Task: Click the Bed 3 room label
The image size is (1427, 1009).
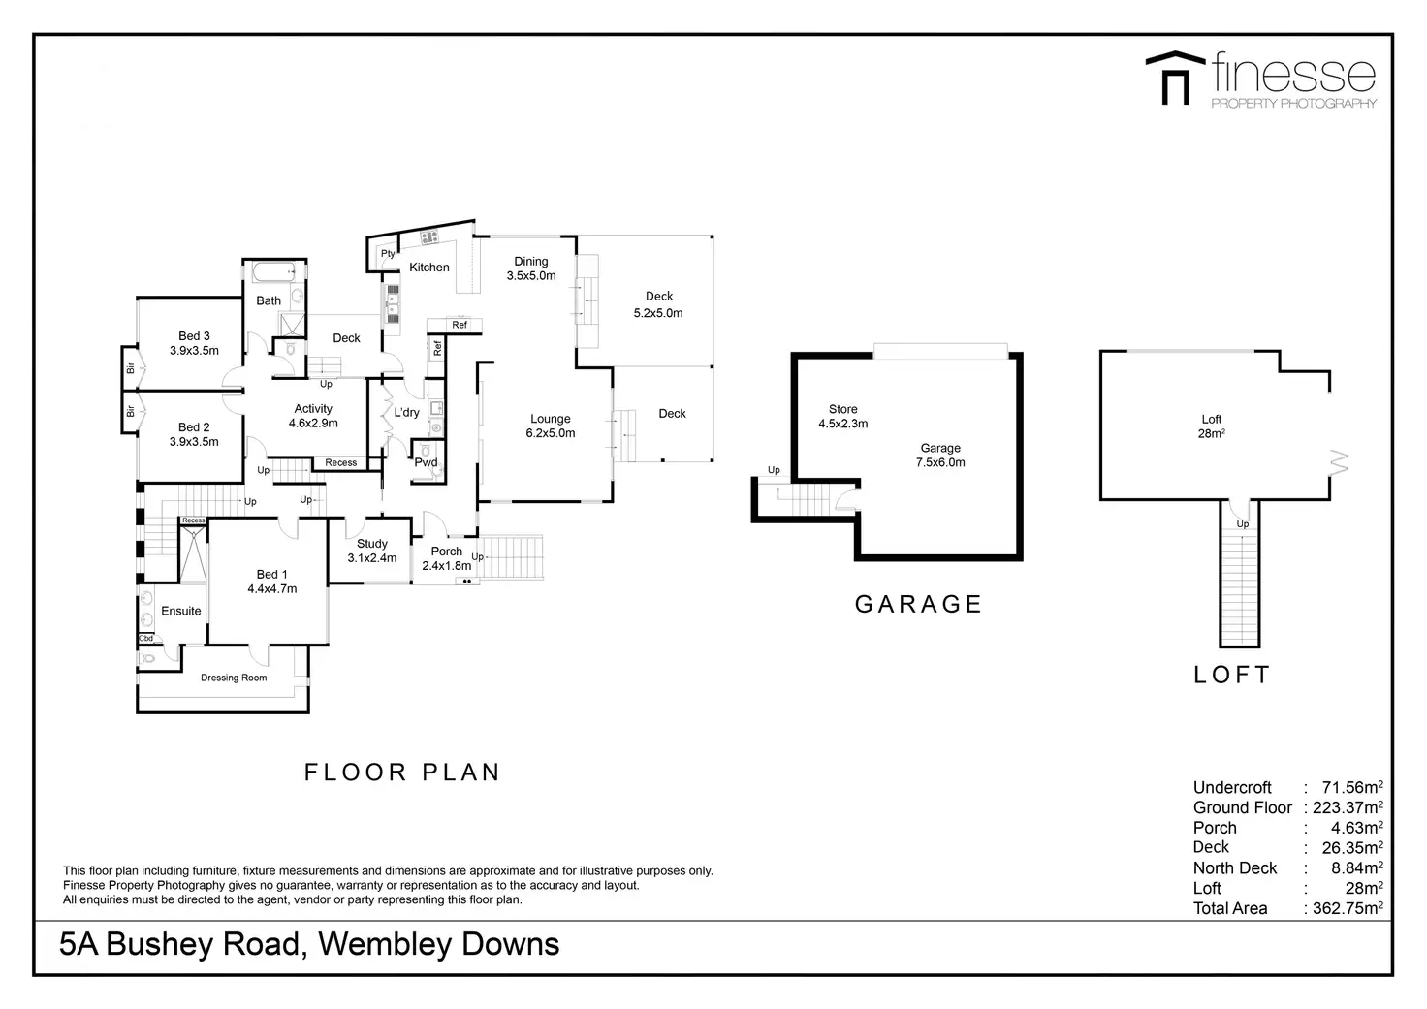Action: (x=194, y=343)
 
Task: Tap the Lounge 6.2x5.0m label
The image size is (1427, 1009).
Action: (x=551, y=426)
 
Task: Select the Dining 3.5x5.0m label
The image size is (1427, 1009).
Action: (x=531, y=268)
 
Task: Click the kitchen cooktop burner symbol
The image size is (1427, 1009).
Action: (x=429, y=236)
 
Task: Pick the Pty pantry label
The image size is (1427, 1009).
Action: (x=388, y=254)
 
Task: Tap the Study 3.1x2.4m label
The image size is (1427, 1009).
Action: (x=372, y=551)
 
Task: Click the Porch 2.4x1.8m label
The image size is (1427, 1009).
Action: (x=447, y=558)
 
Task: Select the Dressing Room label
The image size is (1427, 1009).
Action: (x=234, y=678)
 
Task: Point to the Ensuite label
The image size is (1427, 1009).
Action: (x=181, y=611)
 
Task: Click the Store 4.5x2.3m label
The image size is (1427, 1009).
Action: (x=842, y=417)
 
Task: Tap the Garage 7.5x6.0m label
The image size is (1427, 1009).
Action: (x=940, y=456)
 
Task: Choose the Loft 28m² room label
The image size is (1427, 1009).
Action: (x=1212, y=426)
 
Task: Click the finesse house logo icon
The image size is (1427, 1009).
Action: (x=1175, y=78)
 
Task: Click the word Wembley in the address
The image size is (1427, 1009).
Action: (x=385, y=944)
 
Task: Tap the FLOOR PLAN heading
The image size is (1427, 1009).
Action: (x=402, y=773)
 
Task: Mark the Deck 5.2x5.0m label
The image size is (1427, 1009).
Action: (x=658, y=304)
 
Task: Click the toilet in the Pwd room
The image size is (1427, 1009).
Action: (x=425, y=451)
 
